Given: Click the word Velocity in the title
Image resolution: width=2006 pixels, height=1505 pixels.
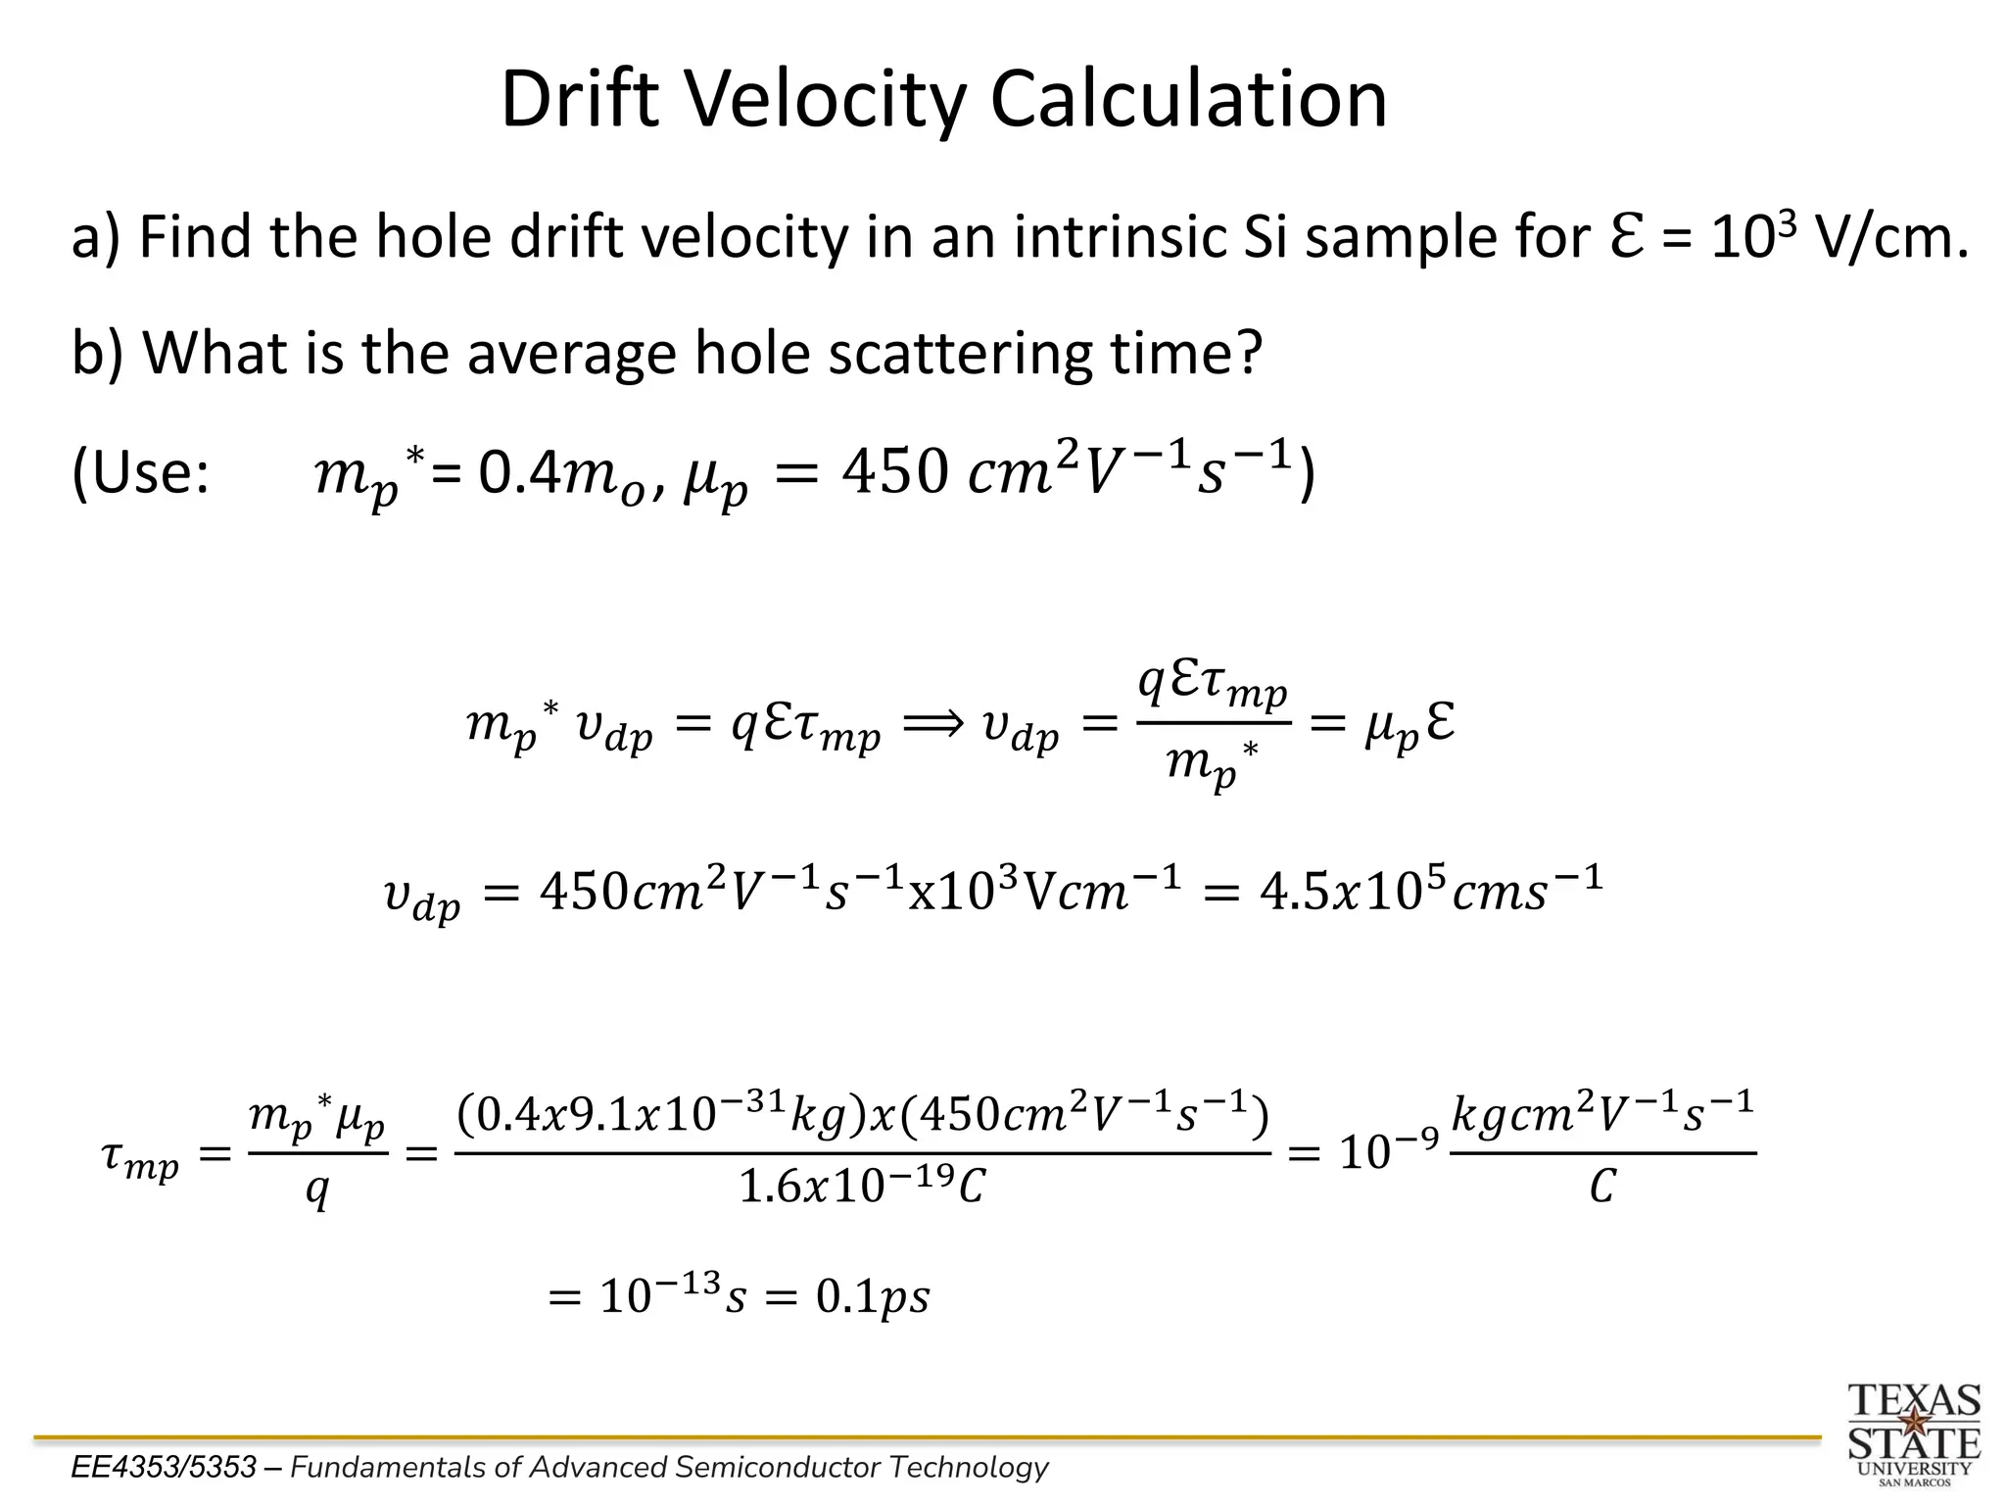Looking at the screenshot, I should [x=823, y=100].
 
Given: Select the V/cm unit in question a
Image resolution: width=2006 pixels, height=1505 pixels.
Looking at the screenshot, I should [x=1890, y=237].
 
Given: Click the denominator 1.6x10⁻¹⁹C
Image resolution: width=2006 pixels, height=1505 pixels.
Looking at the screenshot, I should [x=862, y=1188].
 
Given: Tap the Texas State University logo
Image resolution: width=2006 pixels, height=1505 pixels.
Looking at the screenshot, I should [x=1914, y=1433].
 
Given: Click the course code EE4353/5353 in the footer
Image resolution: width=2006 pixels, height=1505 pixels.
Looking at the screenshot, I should [x=164, y=1467].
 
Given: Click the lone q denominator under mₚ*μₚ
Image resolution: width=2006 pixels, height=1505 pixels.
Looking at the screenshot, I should [x=316, y=1191].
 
